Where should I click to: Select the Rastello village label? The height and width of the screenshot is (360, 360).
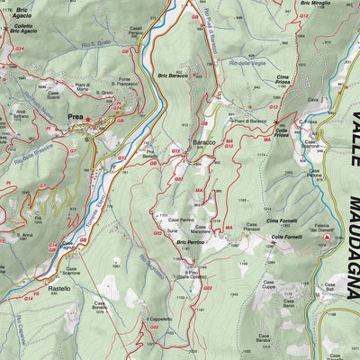(x=59, y=289)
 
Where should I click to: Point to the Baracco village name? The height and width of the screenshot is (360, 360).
(x=203, y=143)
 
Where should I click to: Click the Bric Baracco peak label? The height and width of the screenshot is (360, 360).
(x=171, y=75)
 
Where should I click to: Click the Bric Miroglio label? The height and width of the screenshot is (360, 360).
(x=316, y=4)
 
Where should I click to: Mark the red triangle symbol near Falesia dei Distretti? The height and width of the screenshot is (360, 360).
(x=328, y=238)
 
